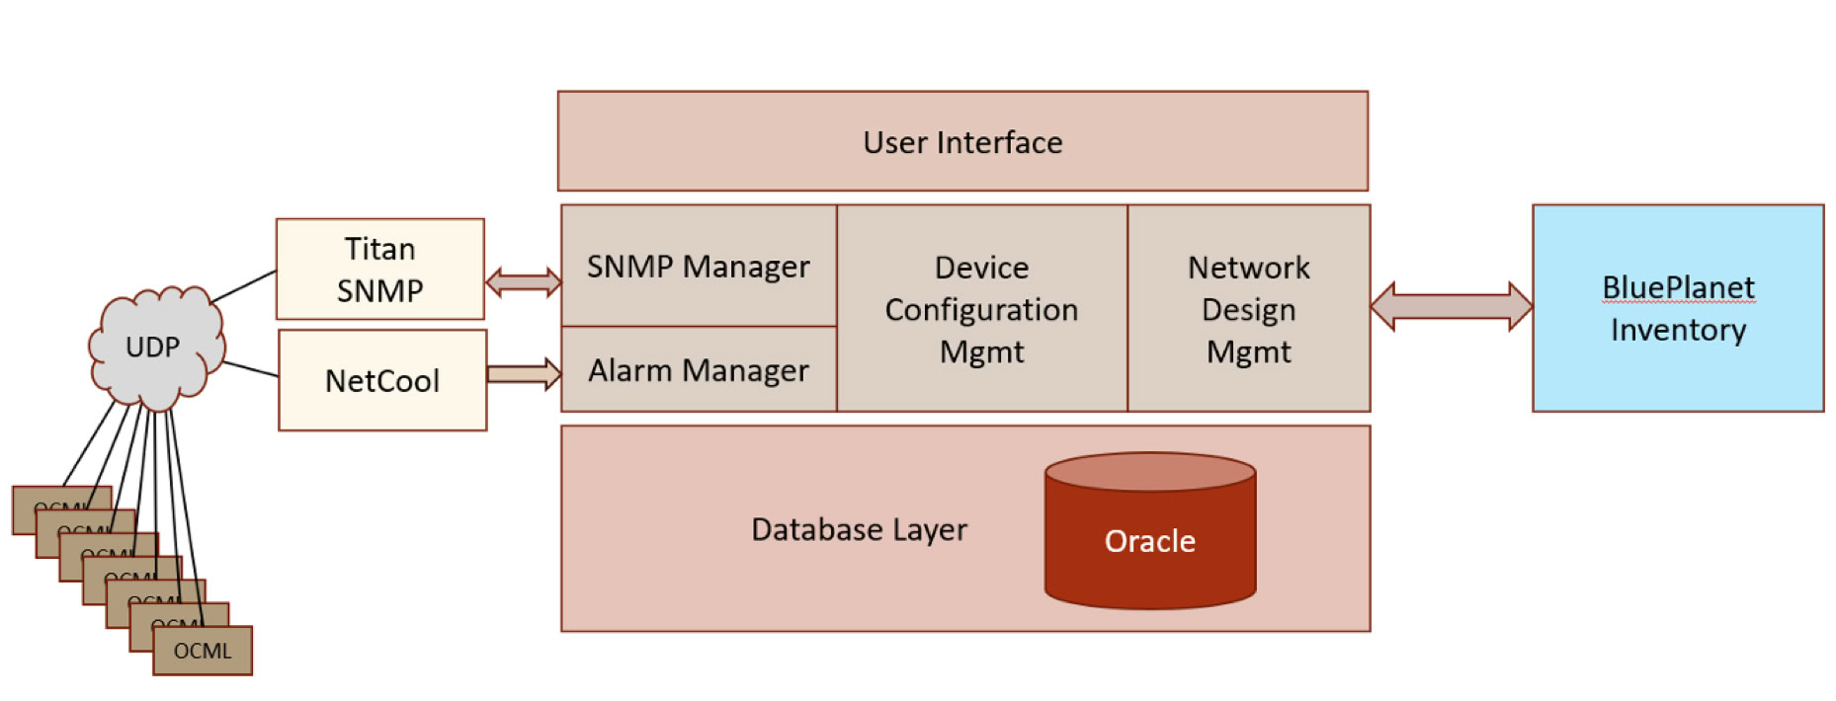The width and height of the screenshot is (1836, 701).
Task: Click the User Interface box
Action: click(x=962, y=141)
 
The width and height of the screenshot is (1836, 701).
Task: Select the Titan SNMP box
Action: click(x=379, y=269)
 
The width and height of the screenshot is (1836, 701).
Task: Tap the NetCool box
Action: click(x=382, y=380)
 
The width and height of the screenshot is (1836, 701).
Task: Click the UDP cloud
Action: click(x=153, y=348)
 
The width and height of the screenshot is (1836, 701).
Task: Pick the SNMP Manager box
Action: click(x=699, y=266)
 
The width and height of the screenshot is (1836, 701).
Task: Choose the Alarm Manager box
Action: click(x=699, y=369)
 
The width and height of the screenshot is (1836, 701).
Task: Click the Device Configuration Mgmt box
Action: click(x=981, y=308)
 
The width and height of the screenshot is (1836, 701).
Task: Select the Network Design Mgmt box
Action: click(x=1248, y=308)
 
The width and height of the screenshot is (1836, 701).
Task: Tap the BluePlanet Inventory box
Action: click(x=1677, y=308)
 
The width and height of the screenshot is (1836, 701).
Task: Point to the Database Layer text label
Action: click(x=859, y=529)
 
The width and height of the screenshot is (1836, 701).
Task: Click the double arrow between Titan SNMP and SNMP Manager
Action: click(x=524, y=282)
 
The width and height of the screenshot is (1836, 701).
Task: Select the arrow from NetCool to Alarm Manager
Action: click(x=524, y=374)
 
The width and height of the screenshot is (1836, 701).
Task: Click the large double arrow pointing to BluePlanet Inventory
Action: click(x=1451, y=306)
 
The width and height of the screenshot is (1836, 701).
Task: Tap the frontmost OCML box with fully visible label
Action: click(x=203, y=651)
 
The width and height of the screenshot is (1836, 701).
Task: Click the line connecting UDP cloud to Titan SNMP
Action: click(x=244, y=286)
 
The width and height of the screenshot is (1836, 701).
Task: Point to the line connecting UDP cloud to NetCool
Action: click(x=251, y=369)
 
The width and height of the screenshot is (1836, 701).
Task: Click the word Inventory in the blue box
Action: click(x=1678, y=330)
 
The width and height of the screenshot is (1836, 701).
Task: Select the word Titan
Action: click(x=379, y=249)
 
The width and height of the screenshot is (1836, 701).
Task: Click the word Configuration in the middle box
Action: click(x=981, y=310)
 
